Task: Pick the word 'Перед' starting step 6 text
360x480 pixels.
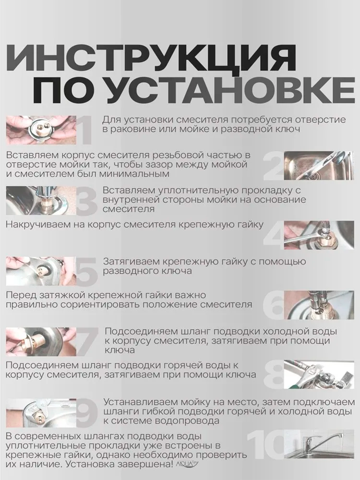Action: coord(19,295)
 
